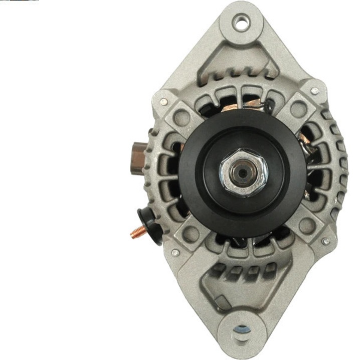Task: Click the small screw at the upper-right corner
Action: pyautogui.click(x=314, y=91)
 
